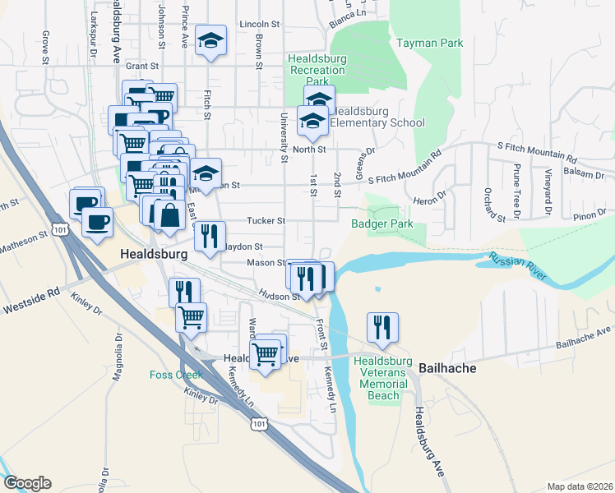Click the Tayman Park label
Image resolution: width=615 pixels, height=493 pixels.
tap(429, 43)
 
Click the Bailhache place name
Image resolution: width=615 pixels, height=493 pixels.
tap(448, 368)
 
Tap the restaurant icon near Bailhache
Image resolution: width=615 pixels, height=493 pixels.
tap(382, 326)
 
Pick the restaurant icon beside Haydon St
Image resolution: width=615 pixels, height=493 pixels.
tap(210, 237)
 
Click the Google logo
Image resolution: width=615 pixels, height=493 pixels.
tap(27, 483)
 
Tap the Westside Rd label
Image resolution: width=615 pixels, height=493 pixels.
tap(33, 291)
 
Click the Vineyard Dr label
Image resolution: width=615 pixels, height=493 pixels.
tap(547, 198)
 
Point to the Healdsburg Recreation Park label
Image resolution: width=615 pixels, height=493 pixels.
tap(317, 71)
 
